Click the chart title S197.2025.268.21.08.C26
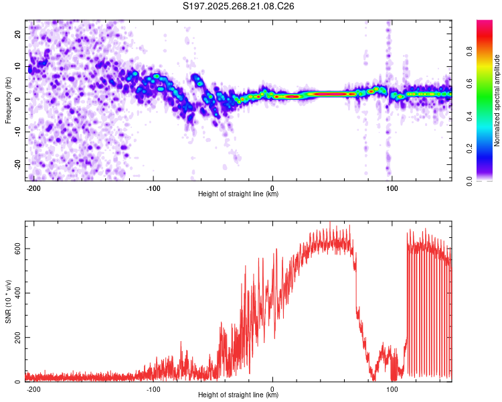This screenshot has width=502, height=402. pyautogui.click(x=239, y=6)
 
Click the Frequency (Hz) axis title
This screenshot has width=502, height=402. pyautogui.click(x=8, y=100)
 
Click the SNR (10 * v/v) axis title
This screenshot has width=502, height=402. pyautogui.click(x=8, y=301)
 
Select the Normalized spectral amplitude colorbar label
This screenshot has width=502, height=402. pyautogui.click(x=497, y=100)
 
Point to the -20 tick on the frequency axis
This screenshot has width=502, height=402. pyautogui.click(x=17, y=164)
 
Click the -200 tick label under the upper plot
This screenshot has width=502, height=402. pyautogui.click(x=33, y=188)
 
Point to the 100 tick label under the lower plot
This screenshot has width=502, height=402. pyautogui.click(x=392, y=389)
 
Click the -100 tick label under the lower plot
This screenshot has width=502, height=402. pyautogui.click(x=153, y=389)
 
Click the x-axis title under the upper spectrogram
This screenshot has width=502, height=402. pyautogui.click(x=238, y=194)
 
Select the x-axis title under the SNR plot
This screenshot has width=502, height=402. pyautogui.click(x=238, y=395)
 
